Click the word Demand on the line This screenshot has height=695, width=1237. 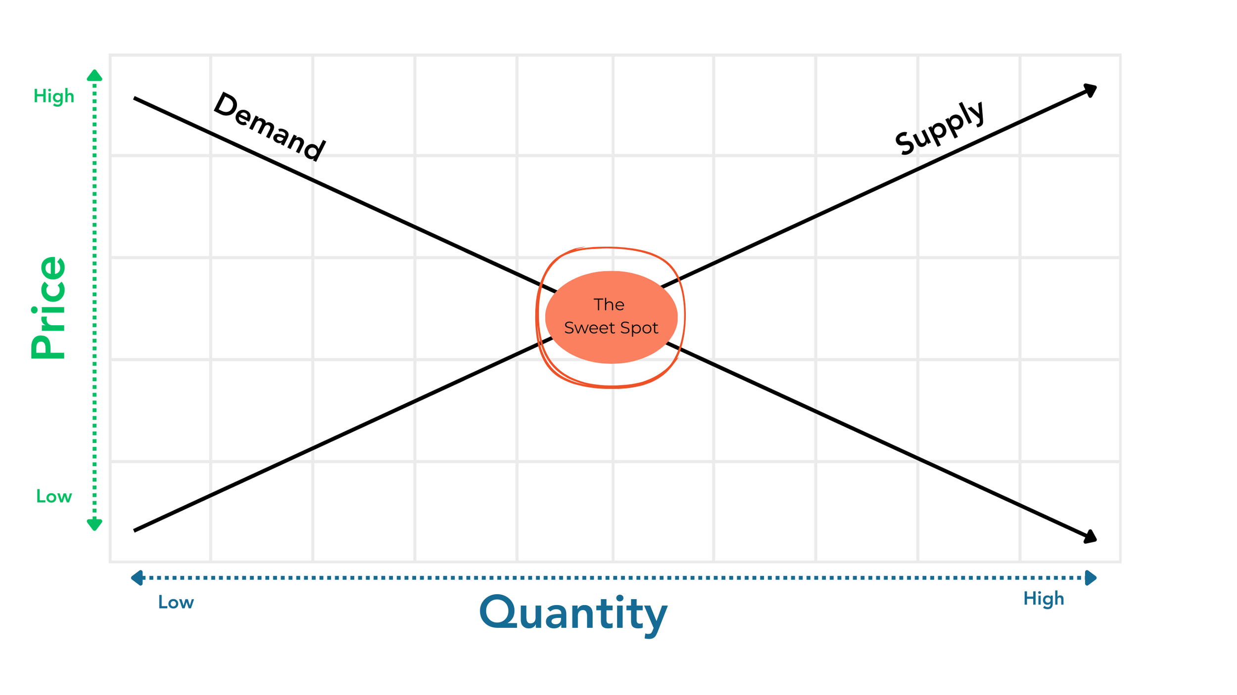pos(269,127)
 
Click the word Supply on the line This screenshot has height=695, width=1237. pos(940,129)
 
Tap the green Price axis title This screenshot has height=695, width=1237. pos(48,307)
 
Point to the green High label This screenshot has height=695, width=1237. pos(53,96)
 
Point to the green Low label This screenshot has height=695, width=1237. pos(54,496)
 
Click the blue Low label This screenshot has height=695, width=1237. pos(176,602)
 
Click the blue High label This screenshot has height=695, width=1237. pos(1043,599)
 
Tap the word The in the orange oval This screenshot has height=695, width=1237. pos(609,304)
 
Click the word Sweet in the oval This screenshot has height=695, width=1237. pos(586,328)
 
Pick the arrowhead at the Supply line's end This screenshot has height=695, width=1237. pos(1091,90)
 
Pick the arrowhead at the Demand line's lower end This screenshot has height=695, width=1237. pos(1091,537)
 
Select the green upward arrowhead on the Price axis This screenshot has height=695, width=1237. pos(95,76)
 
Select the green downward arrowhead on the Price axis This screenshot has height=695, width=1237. pos(95,524)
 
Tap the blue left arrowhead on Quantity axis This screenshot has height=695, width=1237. pos(137,577)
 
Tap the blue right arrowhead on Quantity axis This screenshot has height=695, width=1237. pos(1091,577)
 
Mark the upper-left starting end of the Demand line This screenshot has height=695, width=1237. pos(135,98)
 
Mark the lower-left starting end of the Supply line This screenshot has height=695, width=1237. pos(135,530)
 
